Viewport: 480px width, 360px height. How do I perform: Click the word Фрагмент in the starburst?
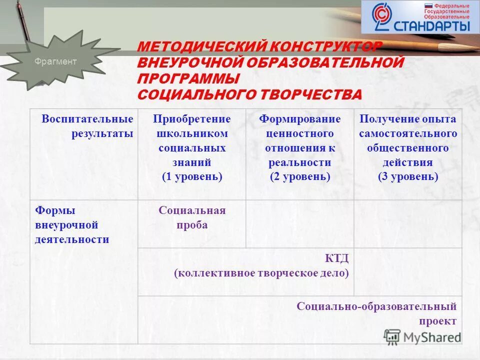pyautogui.click(x=55, y=61)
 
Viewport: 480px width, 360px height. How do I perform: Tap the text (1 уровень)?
pyautogui.click(x=192, y=176)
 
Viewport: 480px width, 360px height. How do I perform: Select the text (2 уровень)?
pyautogui.click(x=300, y=176)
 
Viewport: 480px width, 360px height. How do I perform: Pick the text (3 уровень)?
pyautogui.click(x=408, y=176)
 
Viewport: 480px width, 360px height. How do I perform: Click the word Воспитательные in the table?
pyautogui.click(x=87, y=119)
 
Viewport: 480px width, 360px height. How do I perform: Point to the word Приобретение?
pyautogui.click(x=192, y=119)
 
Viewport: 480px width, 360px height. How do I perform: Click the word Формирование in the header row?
pyautogui.click(x=300, y=119)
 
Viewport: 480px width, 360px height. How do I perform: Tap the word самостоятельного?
pyautogui.click(x=408, y=134)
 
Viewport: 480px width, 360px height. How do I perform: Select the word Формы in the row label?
pyautogui.click(x=48, y=210)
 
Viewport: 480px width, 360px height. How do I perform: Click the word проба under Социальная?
pyautogui.click(x=192, y=225)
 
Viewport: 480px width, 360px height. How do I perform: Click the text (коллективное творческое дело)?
pyautogui.click(x=261, y=273)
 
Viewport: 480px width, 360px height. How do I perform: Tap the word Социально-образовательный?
pyautogui.click(x=376, y=306)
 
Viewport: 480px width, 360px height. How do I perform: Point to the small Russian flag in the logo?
pyautogui.click(x=428, y=5)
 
